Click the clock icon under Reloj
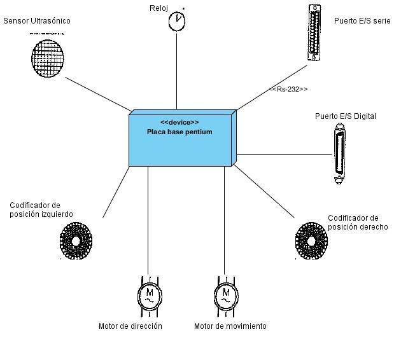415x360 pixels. [177, 20]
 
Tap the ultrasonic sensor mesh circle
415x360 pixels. [49, 57]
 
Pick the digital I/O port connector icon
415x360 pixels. [340, 155]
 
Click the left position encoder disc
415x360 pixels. [76, 240]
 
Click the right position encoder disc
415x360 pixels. [312, 240]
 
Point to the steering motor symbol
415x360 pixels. [150, 296]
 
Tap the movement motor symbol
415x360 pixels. [225, 296]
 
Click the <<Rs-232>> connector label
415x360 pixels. [288, 89]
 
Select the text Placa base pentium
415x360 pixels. [179, 132]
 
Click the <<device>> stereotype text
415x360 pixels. [179, 122]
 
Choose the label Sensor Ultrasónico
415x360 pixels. [37, 21]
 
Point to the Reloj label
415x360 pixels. [158, 8]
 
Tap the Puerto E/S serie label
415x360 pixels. [362, 21]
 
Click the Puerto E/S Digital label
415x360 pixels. [346, 116]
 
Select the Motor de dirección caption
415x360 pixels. [130, 326]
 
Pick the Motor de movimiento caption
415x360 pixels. [230, 326]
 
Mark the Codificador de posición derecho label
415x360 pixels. [358, 223]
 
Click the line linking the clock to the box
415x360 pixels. [177, 70]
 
